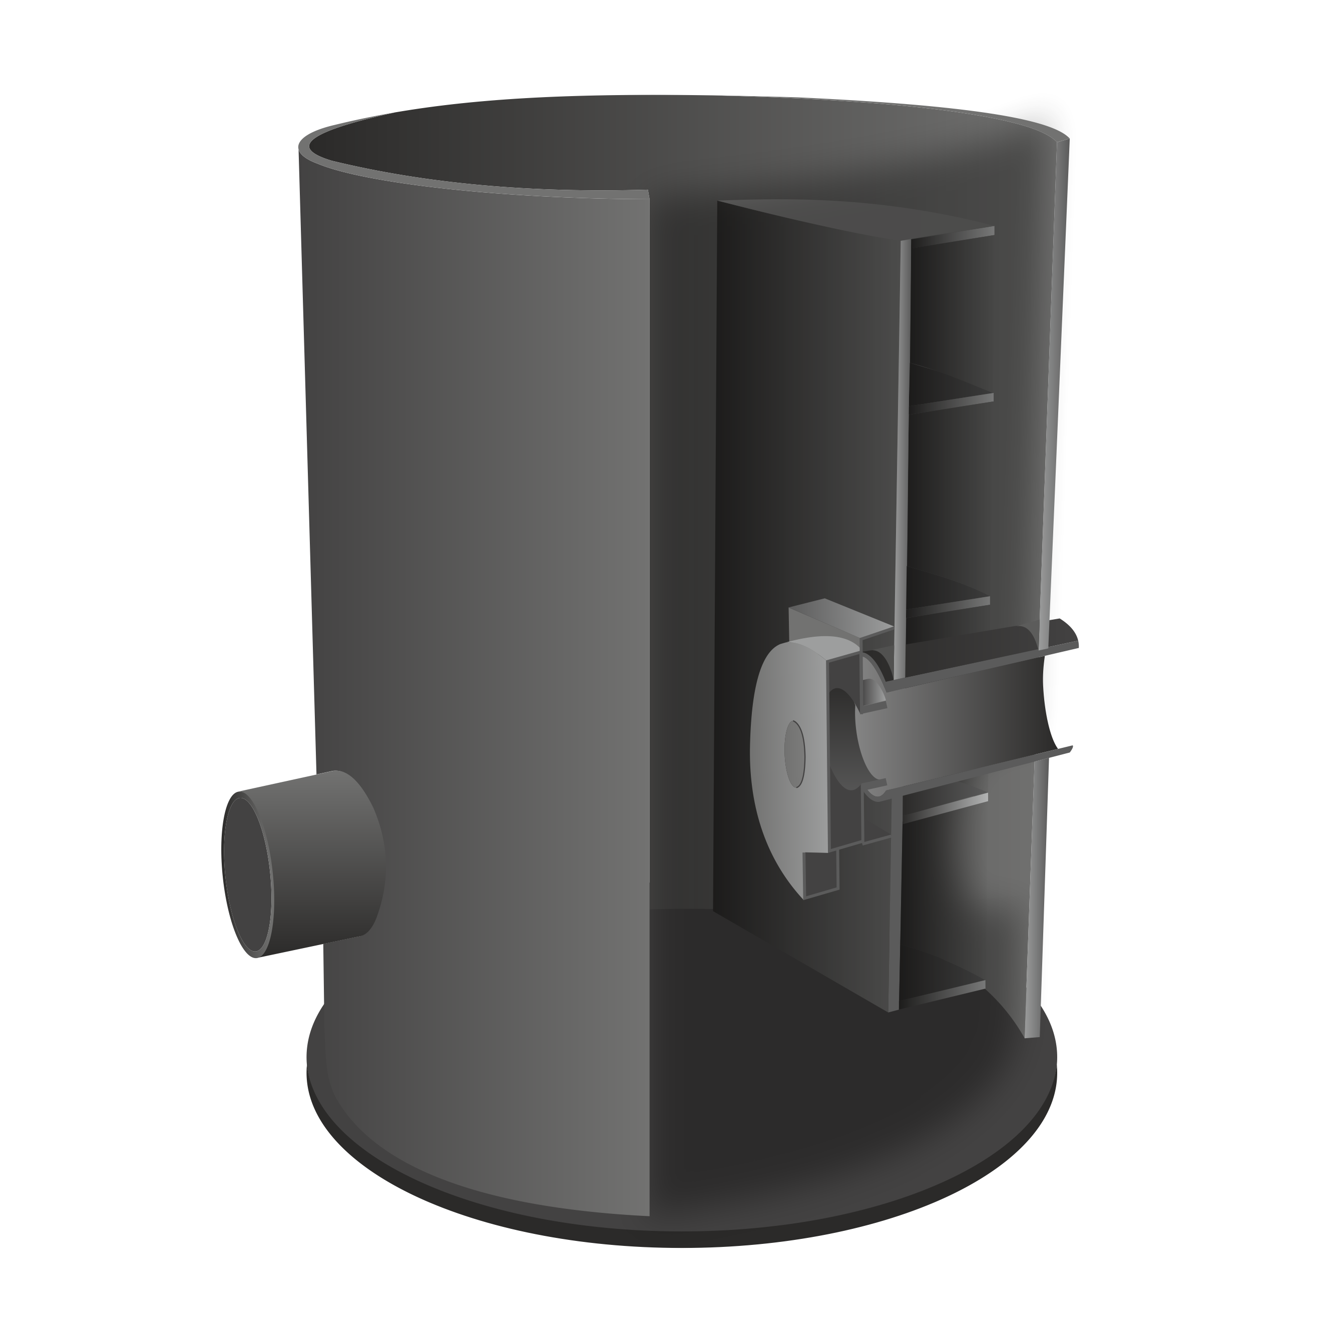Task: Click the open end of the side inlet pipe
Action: (248, 874)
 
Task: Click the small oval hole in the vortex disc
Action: (794, 754)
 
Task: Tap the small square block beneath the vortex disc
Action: (820, 874)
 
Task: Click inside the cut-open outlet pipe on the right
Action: (964, 730)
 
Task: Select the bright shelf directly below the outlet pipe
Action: (947, 805)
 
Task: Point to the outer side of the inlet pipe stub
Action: (323, 847)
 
